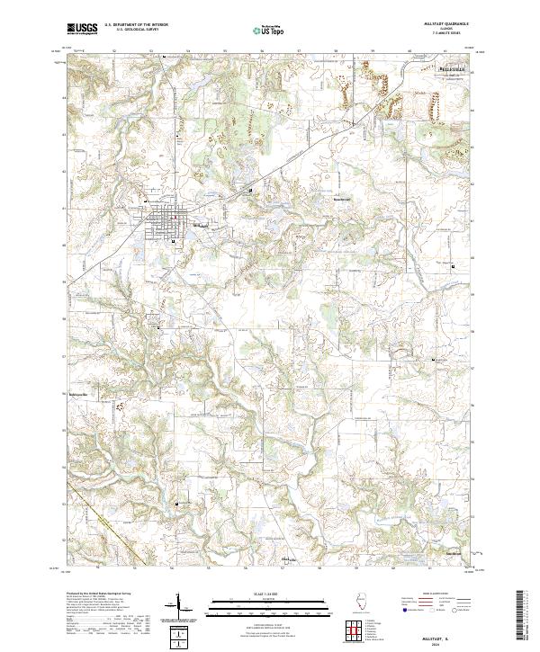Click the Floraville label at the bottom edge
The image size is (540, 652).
tap(290, 558)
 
